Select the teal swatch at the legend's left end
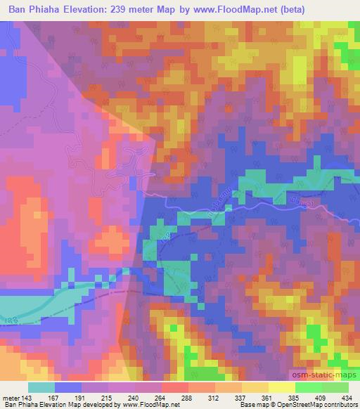tap(41, 387)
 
